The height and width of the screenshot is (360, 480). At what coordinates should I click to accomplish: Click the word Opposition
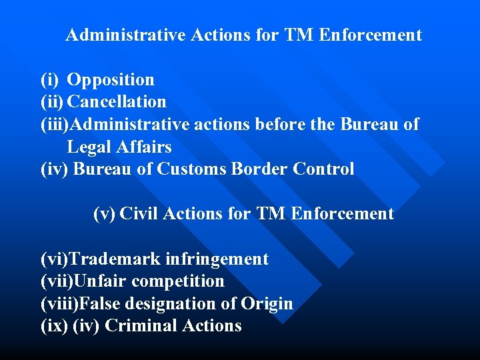[111, 80]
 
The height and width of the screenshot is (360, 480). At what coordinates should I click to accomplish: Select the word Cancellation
[117, 102]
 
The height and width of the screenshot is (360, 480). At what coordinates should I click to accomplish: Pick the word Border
[259, 169]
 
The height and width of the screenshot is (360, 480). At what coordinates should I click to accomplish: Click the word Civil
[139, 214]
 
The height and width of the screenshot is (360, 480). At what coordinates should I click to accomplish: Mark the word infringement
[219, 259]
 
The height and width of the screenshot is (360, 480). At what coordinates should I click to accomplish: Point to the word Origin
[267, 304]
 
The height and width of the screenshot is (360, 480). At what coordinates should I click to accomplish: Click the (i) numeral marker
[50, 80]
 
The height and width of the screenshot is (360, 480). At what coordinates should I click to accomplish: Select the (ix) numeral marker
[53, 326]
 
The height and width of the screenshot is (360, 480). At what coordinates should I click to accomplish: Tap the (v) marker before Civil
[104, 214]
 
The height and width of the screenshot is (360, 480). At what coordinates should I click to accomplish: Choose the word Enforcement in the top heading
[371, 35]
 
